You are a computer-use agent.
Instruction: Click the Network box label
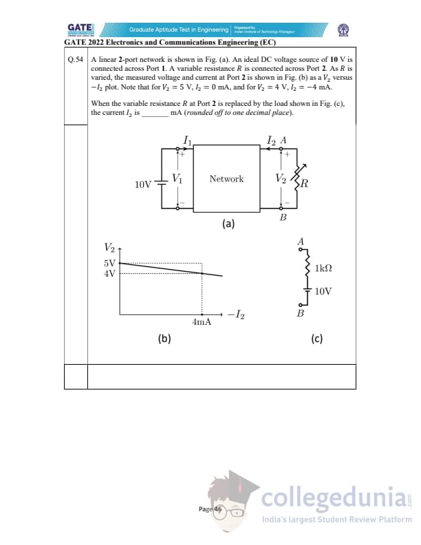pos(226,179)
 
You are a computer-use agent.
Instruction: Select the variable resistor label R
pos(304,184)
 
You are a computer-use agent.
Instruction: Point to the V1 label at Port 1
pos(177,178)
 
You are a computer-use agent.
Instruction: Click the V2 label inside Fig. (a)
pos(279,178)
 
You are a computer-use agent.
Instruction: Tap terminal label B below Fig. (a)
pos(282,217)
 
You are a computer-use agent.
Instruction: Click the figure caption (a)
pos(228,224)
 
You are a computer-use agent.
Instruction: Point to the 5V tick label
pos(110,263)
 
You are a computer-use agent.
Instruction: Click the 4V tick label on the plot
pos(110,273)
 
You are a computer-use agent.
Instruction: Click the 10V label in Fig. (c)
pos(323,291)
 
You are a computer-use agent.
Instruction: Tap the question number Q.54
pos(76,60)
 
